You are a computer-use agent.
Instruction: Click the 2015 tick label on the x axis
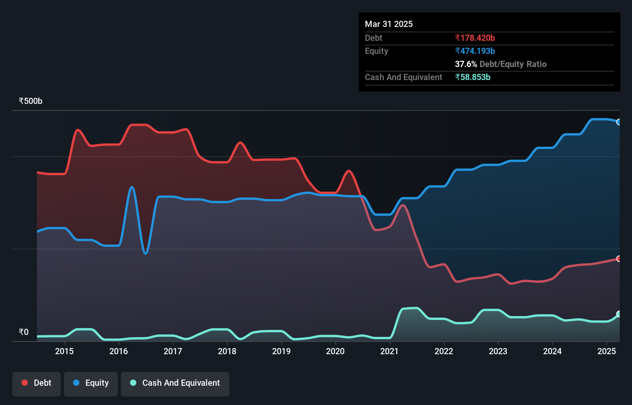click(x=64, y=351)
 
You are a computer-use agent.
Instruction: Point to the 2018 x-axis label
click(x=227, y=351)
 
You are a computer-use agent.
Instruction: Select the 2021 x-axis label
click(x=390, y=351)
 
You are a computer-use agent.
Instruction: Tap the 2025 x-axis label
click(x=606, y=351)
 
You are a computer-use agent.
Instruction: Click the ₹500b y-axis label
click(x=30, y=101)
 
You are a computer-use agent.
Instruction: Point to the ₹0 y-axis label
click(x=23, y=332)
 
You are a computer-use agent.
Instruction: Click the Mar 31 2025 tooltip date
click(x=389, y=24)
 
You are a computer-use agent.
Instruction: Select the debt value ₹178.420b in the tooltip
click(x=475, y=38)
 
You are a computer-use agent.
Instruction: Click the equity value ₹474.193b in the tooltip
click(x=475, y=51)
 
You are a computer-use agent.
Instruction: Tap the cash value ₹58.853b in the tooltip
click(x=473, y=77)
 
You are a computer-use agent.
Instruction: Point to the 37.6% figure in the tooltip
click(x=466, y=64)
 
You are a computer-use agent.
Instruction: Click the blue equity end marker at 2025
click(x=619, y=122)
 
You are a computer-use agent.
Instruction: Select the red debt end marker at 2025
click(x=619, y=259)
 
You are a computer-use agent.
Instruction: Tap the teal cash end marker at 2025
click(x=619, y=314)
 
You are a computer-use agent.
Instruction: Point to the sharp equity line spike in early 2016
click(x=132, y=187)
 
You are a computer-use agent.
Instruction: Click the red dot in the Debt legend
click(x=25, y=383)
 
